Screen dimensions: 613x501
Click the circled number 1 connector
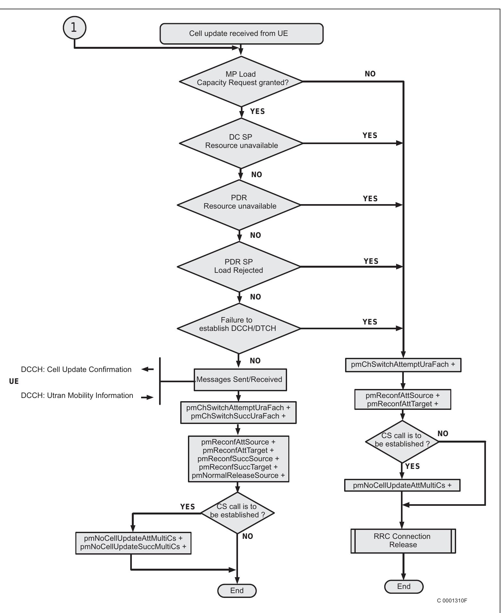[74, 27]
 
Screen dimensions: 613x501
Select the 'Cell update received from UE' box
[241, 34]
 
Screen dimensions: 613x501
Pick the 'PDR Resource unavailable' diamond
[239, 205]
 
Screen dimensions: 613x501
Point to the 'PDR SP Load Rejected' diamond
[239, 266]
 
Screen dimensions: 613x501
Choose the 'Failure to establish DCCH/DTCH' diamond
[239, 328]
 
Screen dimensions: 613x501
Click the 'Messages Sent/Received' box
[240, 379]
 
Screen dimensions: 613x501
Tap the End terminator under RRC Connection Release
[403, 586]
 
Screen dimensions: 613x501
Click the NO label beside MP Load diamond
[370, 74]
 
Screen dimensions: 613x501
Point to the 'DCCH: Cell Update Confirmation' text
[76, 369]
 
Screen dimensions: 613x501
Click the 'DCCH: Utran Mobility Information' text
[77, 395]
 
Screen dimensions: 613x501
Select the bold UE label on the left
[14, 382]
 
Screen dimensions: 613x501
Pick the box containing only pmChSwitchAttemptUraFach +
[403, 365]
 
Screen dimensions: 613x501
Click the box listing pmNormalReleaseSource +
[238, 459]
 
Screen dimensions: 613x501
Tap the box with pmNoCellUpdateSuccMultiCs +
[133, 543]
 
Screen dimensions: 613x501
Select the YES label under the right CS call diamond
[412, 466]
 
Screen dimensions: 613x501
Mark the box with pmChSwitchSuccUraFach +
[238, 412]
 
